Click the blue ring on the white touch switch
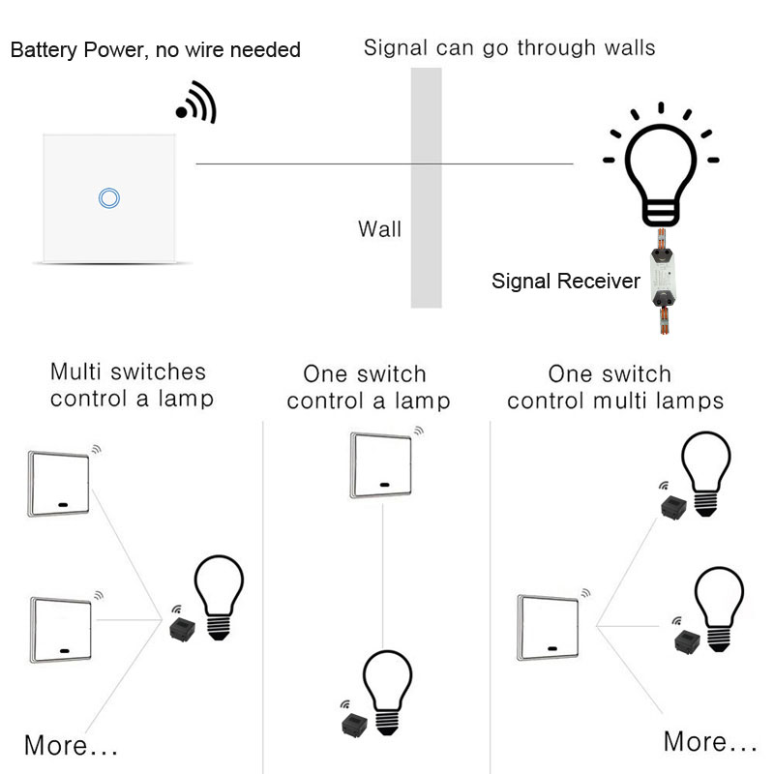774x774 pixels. point(109,197)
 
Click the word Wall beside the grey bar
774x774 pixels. point(379,229)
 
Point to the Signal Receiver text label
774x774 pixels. point(566,282)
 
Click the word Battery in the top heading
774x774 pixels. point(44,49)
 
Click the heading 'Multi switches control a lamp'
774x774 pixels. point(130,385)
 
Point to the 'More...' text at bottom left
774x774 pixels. point(71,746)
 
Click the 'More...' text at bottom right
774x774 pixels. point(710,742)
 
